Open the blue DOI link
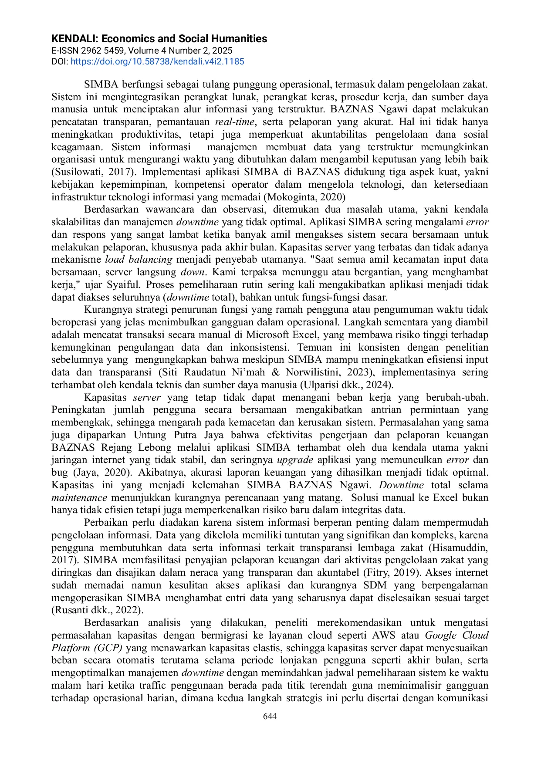pos(157,61)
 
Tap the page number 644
pos(270,717)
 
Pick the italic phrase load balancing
pos(139,260)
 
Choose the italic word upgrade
pos(295,460)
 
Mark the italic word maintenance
pos(79,498)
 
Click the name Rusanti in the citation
pos(71,610)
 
